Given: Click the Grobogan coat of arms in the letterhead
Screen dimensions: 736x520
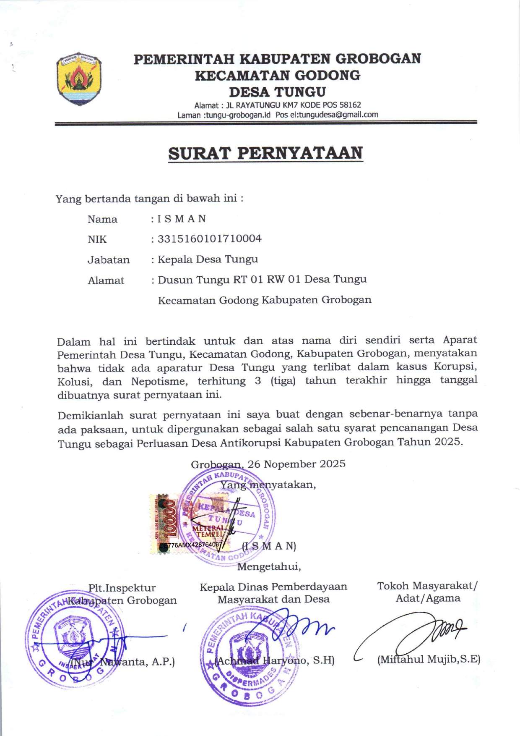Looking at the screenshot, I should pyautogui.click(x=78, y=79).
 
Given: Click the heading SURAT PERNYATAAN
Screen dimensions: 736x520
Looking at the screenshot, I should pyautogui.click(x=265, y=153).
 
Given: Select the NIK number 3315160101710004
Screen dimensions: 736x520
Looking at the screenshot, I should pyautogui.click(x=209, y=239).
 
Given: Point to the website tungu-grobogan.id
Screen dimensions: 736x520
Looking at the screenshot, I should pyautogui.click(x=238, y=115).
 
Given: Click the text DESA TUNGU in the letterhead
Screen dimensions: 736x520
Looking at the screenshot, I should pyautogui.click(x=277, y=92).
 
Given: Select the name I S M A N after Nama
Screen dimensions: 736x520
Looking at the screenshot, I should pyautogui.click(x=182, y=219).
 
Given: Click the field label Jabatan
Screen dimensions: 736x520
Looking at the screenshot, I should pyautogui.click(x=109, y=260).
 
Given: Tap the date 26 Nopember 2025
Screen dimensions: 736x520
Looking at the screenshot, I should pyautogui.click(x=296, y=464).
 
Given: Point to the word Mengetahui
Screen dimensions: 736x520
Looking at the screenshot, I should pyautogui.click(x=269, y=567).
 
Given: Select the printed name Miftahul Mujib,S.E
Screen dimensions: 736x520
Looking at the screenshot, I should pyautogui.click(x=429, y=659).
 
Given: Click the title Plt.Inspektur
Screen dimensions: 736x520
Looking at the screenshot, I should pyautogui.click(x=122, y=588).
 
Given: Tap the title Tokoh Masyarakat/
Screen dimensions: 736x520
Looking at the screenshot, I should pyautogui.click(x=427, y=586).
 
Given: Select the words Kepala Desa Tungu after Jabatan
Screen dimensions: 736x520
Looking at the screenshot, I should pyautogui.click(x=208, y=259).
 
